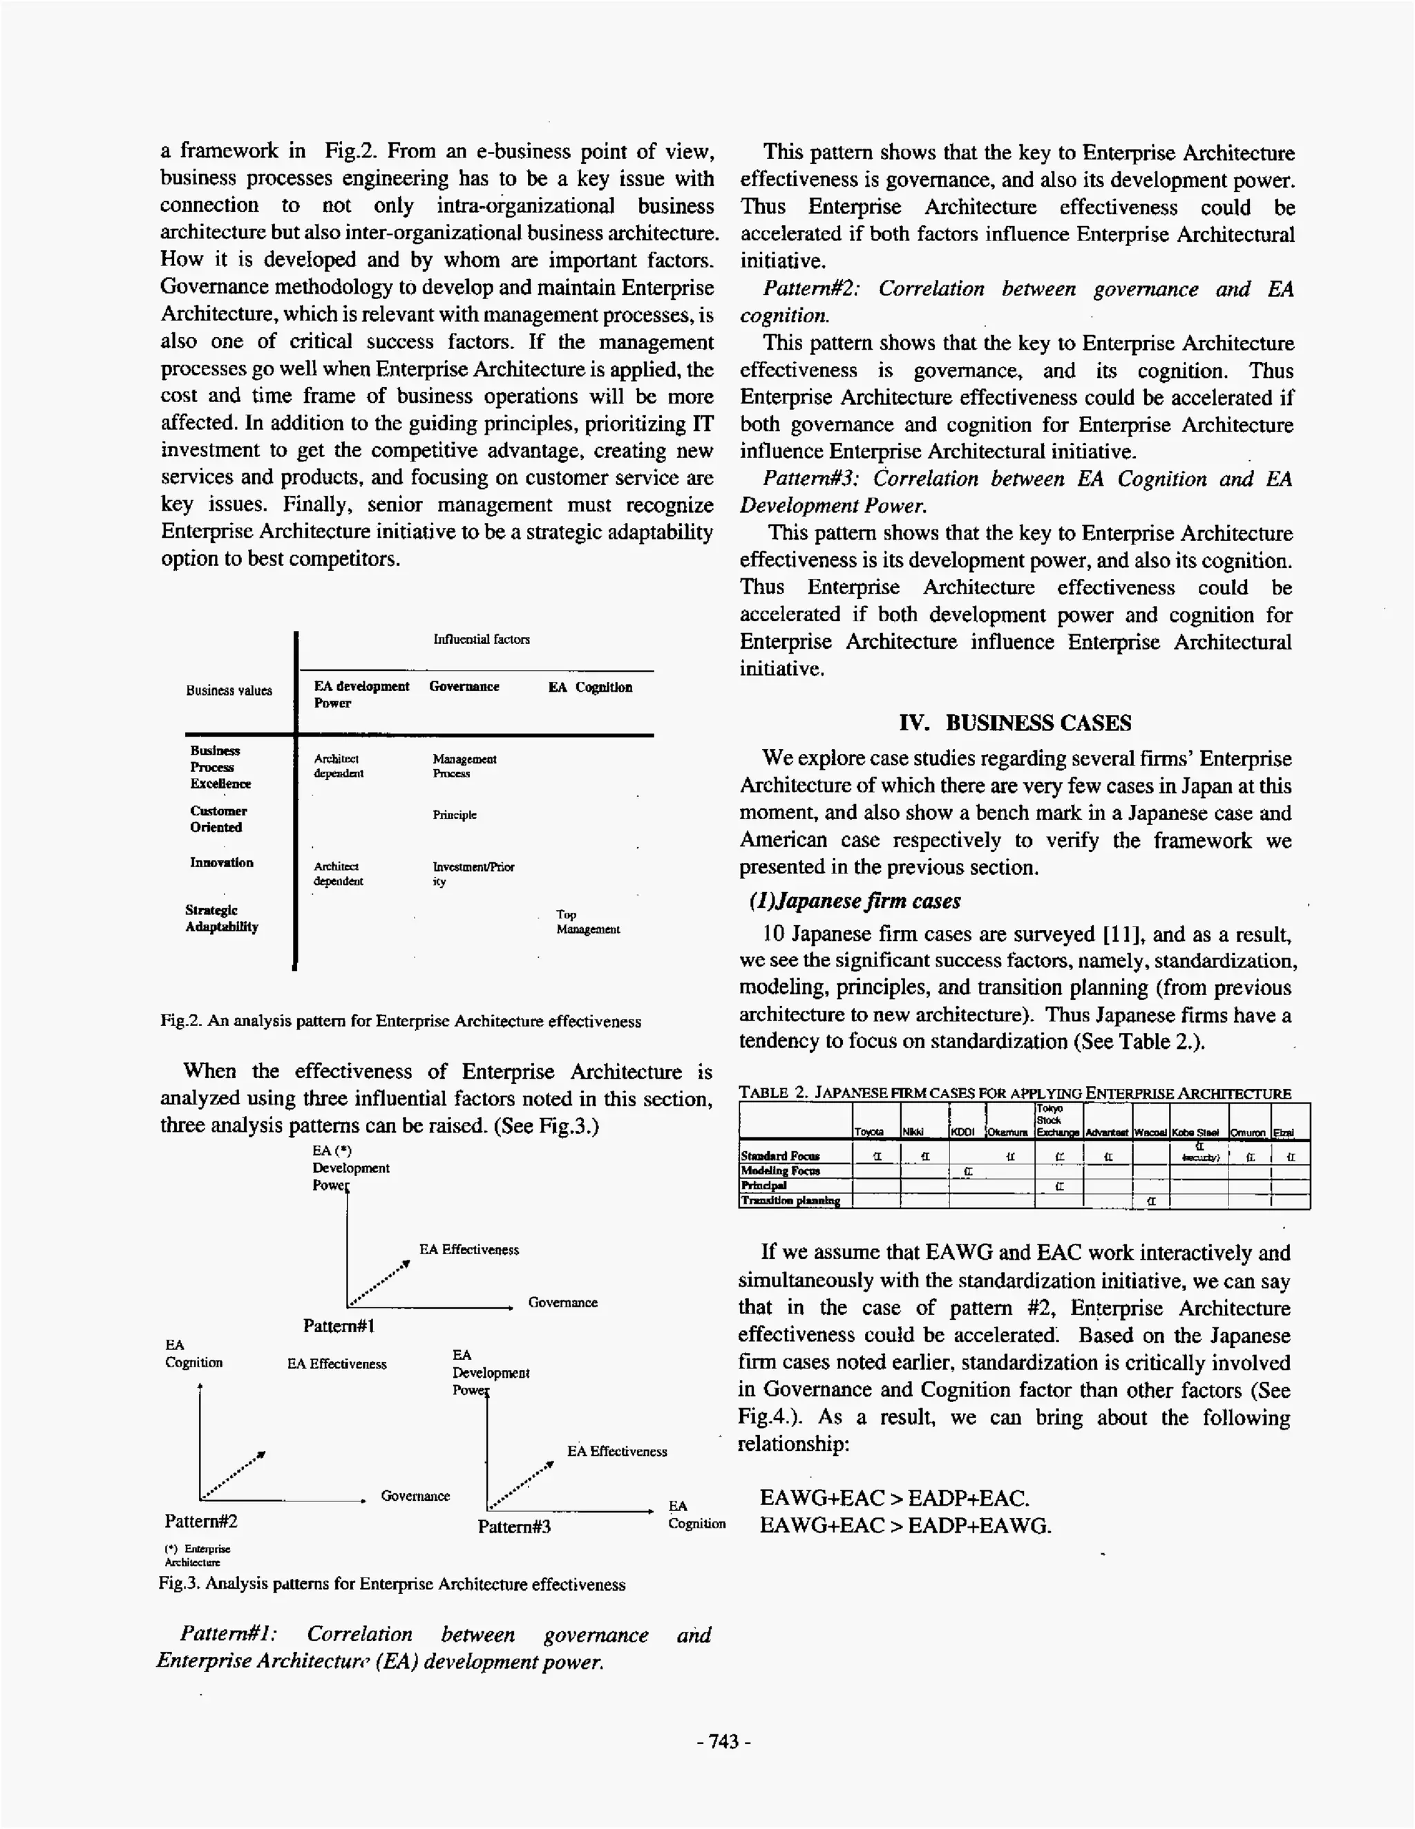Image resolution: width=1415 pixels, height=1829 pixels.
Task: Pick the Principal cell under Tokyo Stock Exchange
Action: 1059,1186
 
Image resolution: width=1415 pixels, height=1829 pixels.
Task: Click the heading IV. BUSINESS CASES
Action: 1015,723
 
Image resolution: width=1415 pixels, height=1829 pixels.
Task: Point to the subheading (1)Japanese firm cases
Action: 854,901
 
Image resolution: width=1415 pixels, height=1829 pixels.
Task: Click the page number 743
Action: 723,1742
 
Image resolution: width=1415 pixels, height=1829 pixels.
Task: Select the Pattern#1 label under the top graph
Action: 339,1326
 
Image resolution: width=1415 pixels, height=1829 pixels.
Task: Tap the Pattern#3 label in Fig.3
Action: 514,1526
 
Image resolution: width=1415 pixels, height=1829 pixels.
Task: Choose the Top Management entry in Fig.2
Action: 588,922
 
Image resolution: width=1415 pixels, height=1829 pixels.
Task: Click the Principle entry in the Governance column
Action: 455,815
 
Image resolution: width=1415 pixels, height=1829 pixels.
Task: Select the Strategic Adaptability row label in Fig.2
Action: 222,919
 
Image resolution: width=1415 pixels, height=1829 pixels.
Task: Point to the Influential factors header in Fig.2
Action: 482,639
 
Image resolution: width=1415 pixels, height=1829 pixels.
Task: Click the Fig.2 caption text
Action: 401,1022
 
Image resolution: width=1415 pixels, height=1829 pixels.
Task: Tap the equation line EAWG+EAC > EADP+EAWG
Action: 905,1526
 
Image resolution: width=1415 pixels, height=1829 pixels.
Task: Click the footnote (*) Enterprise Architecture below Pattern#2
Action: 197,1555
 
